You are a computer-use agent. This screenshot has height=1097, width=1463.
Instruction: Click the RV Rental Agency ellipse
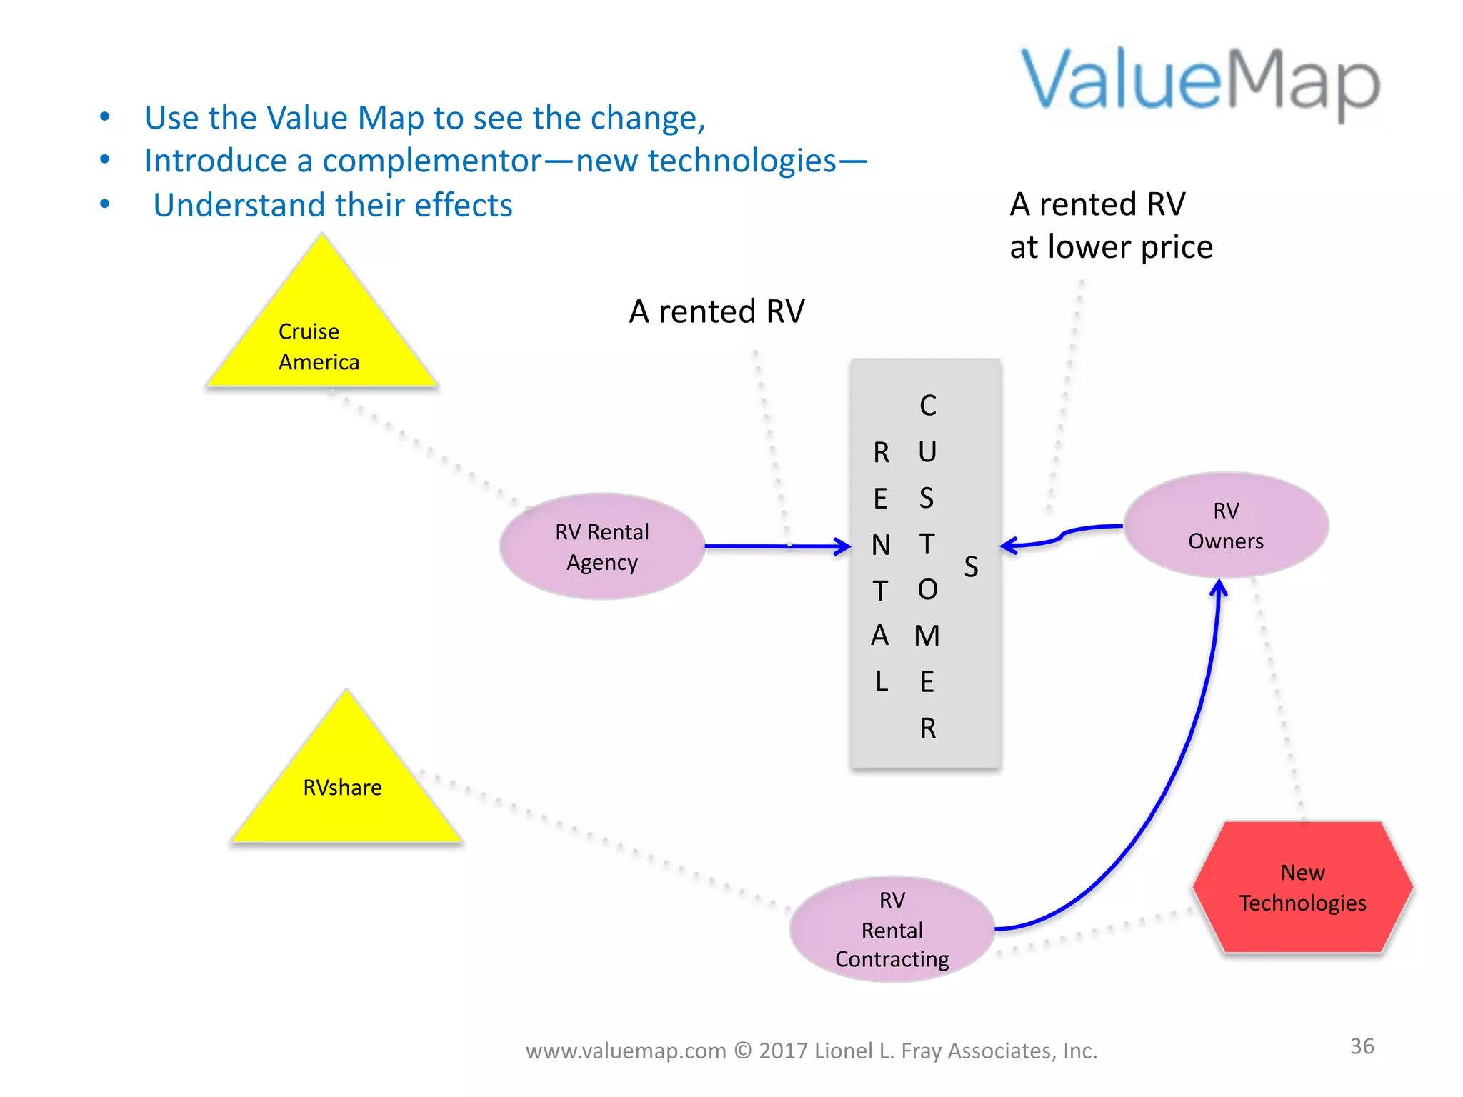(602, 546)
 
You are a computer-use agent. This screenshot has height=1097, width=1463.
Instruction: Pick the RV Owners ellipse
(1226, 526)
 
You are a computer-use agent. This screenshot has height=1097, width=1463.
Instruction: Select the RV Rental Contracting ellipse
(892, 929)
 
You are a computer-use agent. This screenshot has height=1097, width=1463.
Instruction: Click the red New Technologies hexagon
(1302, 888)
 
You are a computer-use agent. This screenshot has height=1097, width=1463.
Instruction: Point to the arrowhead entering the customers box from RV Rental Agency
(843, 547)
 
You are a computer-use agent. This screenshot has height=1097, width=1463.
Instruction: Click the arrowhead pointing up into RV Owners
(1219, 589)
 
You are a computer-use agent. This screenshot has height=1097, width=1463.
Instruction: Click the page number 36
(1362, 1046)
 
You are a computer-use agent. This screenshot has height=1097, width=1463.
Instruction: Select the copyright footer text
(812, 1051)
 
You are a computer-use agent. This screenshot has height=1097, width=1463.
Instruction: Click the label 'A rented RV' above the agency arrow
(716, 311)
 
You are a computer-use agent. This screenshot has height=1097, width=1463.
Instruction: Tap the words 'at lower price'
(1111, 247)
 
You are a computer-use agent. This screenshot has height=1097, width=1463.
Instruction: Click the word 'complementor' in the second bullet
(431, 161)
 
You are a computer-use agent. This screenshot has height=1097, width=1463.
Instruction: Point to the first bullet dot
(105, 116)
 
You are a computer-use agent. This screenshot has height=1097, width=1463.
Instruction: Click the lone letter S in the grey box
(971, 567)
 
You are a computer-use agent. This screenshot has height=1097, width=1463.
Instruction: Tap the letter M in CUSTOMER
(927, 636)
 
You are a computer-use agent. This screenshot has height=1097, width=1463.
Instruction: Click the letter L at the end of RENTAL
(882, 681)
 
